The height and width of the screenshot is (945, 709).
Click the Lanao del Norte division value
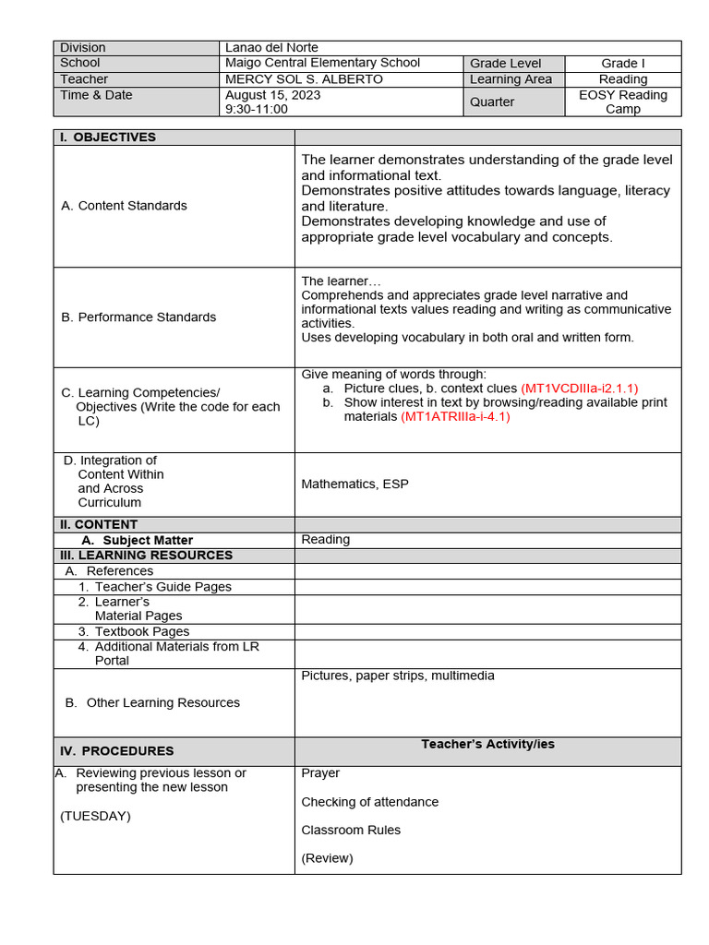[271, 48]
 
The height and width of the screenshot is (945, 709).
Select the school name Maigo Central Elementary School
[322, 63]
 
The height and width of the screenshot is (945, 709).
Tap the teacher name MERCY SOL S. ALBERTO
[304, 79]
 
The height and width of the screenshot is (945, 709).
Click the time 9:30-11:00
[257, 109]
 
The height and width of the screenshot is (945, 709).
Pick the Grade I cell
[622, 64]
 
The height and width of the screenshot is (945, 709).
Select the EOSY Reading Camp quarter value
[622, 102]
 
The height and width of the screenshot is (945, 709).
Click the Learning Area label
[511, 79]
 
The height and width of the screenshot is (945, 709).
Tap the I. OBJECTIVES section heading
[108, 138]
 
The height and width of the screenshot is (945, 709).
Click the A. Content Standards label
[124, 206]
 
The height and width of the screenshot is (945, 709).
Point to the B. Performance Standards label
[138, 317]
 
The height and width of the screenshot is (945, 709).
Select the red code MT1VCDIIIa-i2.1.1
[579, 389]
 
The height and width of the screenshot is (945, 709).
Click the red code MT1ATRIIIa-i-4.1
[455, 416]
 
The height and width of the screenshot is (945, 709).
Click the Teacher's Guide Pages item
[162, 587]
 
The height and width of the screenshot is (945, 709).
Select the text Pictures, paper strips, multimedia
[398, 676]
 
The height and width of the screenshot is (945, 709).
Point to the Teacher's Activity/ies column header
[487, 744]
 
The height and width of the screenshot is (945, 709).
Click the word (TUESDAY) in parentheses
[96, 816]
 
